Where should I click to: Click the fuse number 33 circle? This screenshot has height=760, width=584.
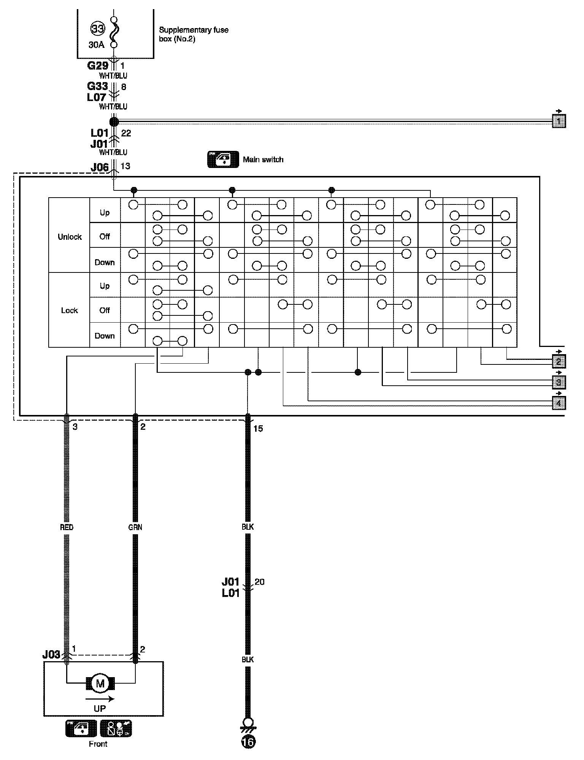coord(97,28)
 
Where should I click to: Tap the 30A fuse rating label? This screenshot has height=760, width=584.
coord(96,45)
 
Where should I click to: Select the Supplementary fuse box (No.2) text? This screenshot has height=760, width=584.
coord(194,34)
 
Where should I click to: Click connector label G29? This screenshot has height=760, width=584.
coord(98,66)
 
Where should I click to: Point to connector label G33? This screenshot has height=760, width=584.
coord(97,87)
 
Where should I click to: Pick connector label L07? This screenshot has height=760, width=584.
coord(97,97)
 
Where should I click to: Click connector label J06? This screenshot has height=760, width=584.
coord(100,167)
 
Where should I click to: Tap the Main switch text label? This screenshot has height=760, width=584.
coord(263,160)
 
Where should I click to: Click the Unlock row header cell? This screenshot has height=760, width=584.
coord(70,237)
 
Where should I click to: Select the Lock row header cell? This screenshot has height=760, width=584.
coord(70,310)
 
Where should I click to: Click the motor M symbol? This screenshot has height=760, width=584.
coord(100,684)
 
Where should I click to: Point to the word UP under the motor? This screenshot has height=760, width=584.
coord(100,709)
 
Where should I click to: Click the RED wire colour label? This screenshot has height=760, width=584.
coord(67,527)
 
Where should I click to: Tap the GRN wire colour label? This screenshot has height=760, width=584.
coord(135,527)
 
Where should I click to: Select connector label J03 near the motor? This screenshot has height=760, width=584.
coord(51,654)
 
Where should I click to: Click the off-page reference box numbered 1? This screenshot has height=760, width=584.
coord(558,121)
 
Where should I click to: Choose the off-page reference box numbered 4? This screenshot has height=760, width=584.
coord(558,403)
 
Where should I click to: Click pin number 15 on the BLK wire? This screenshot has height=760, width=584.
coord(258,429)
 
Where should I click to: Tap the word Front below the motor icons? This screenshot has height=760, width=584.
coord(98,744)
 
